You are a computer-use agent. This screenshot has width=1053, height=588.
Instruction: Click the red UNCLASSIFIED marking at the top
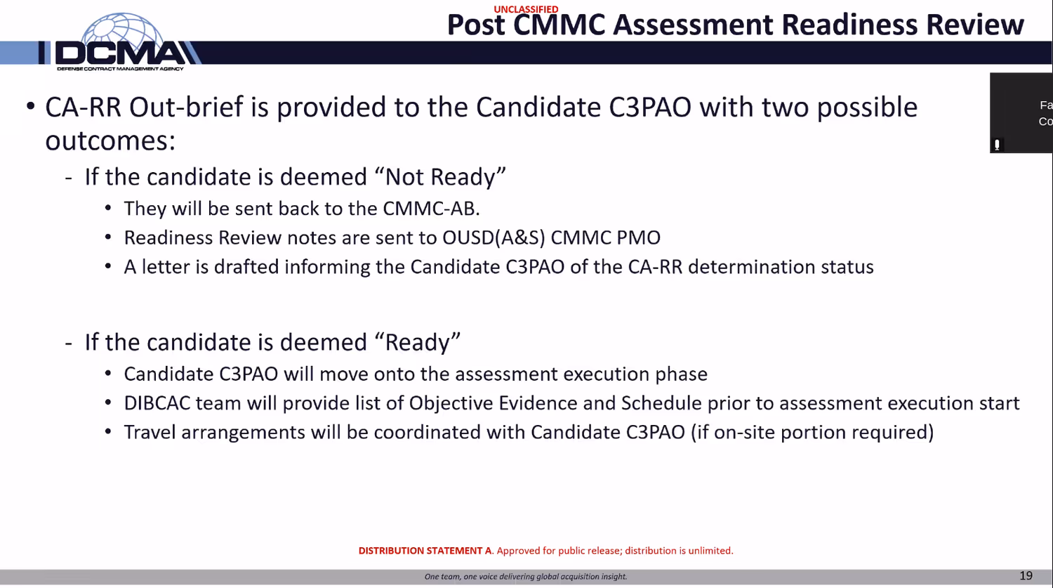[526, 9]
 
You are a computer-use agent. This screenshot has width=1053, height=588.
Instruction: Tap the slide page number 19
[1026, 575]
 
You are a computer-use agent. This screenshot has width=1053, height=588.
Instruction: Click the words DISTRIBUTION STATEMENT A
[425, 551]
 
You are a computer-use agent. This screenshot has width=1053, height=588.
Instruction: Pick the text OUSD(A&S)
[494, 238]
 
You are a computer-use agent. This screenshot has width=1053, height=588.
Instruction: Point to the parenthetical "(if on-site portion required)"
[812, 432]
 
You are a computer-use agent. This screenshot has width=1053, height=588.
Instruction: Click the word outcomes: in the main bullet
[110, 141]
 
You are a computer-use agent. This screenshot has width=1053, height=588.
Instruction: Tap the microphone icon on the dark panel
[997, 145]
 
